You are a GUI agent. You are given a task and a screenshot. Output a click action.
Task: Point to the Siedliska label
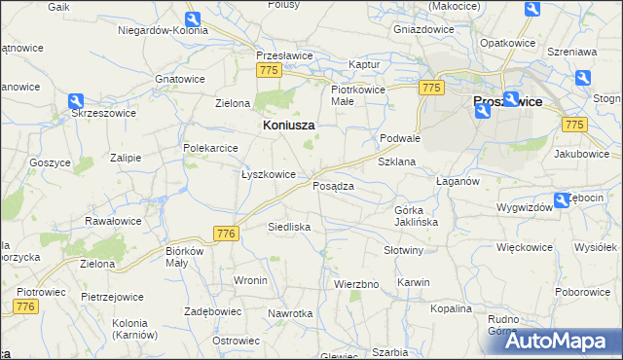[x=289, y=227]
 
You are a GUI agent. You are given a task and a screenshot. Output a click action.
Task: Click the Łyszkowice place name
[x=268, y=174]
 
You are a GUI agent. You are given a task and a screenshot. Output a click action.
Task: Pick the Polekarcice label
[x=211, y=148]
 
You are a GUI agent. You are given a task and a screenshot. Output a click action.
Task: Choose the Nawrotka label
[x=291, y=313]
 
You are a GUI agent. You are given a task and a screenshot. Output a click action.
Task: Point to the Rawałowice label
[x=113, y=221]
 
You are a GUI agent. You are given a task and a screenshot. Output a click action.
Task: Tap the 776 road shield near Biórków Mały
[x=226, y=234]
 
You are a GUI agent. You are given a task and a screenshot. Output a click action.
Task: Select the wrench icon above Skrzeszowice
[x=76, y=101]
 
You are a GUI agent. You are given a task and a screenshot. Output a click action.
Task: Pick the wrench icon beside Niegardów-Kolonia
[x=192, y=19]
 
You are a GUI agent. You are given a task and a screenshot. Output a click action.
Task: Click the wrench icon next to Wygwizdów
[x=561, y=201]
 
